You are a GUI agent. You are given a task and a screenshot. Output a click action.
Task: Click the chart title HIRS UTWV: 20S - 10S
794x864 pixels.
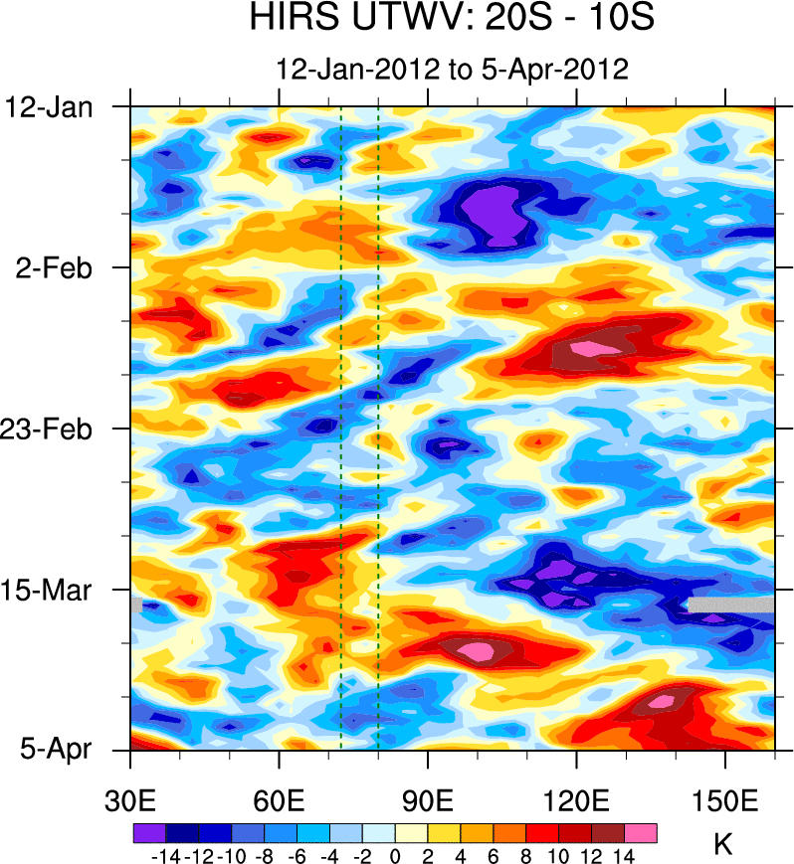(x=453, y=19)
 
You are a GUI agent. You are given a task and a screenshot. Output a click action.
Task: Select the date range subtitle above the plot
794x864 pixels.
(x=453, y=70)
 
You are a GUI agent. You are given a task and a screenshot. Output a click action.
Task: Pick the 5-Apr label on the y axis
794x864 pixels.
(x=56, y=750)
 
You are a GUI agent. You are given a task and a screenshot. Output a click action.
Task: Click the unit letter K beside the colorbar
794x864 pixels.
(x=723, y=845)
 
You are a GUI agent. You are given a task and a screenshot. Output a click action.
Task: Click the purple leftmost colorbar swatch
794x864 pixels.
(x=148, y=832)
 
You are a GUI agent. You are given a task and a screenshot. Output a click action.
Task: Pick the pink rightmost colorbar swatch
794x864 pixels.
(x=641, y=832)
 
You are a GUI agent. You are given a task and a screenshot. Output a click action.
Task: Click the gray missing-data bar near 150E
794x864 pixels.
(x=731, y=605)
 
